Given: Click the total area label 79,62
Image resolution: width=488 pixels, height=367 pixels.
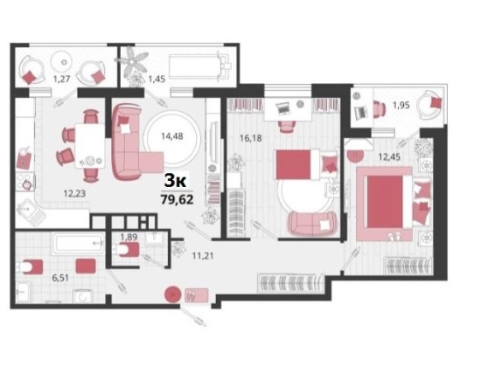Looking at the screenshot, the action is [177, 199].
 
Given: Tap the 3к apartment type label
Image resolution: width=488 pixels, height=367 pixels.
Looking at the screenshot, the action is [175, 181].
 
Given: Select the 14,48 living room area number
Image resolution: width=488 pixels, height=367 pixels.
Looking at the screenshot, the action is [172, 136].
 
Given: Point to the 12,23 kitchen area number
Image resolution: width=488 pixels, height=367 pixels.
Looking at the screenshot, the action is [74, 194].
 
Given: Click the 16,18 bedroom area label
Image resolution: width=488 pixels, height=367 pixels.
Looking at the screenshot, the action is [250, 138].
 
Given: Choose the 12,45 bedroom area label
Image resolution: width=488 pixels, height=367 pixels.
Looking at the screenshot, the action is [389, 157].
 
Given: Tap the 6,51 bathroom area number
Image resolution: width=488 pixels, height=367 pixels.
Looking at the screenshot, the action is [60, 278].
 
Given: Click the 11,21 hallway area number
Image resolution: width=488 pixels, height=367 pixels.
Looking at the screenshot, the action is [203, 256].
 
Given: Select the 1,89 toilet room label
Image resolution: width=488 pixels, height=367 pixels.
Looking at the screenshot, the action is [129, 238].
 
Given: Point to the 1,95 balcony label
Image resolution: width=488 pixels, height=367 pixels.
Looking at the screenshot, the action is [401, 106].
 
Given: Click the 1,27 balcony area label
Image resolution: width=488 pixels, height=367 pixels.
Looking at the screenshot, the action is [61, 79].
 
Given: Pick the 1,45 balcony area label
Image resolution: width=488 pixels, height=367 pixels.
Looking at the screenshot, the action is [157, 79].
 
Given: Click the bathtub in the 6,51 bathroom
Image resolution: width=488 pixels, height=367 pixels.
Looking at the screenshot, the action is [78, 244].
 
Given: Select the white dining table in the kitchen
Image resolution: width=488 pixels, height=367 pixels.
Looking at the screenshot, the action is [90, 146].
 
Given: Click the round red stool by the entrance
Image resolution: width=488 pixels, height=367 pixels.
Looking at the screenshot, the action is [172, 294].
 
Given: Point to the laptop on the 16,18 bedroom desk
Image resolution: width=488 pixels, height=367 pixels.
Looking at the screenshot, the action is [282, 107].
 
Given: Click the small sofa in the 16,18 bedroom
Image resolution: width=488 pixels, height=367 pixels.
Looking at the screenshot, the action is [312, 223].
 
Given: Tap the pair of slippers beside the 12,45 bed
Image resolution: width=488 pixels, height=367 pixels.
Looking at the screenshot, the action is [394, 237].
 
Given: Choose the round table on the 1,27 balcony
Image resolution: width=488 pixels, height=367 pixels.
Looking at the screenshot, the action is [64, 62].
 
